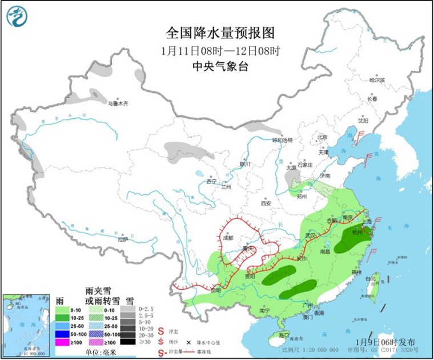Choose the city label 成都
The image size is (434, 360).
(229, 238)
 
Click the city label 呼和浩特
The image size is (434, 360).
(282, 140)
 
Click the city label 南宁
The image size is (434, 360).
(264, 310)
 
